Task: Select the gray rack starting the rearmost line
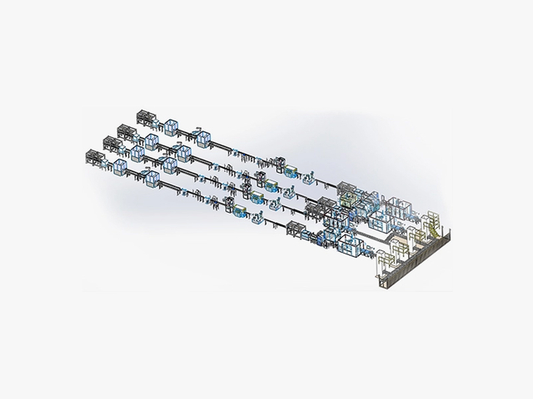pyautogui.click(x=147, y=119)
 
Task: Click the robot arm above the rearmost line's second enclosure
pyautogui.click(x=201, y=128)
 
